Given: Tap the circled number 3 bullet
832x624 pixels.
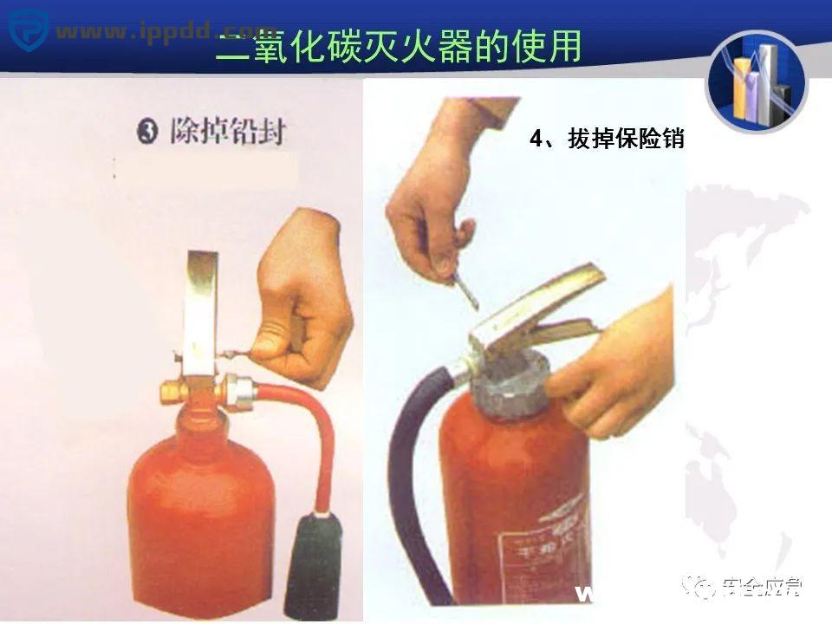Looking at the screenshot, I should tap(148, 133).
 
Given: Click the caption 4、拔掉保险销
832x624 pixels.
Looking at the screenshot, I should tap(607, 139).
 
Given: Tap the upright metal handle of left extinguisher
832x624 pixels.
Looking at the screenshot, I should tap(200, 312).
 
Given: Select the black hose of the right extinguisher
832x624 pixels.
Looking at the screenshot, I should tap(407, 485).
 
